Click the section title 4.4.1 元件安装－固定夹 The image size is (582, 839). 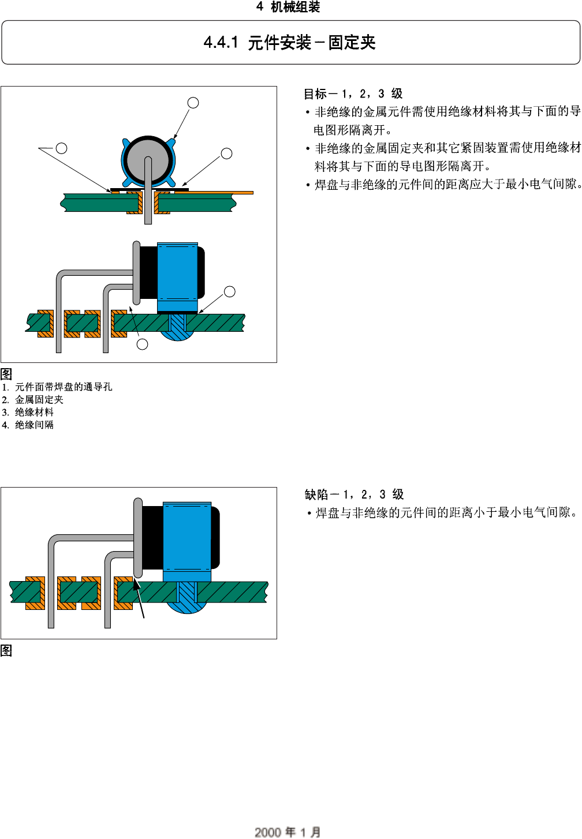click(290, 43)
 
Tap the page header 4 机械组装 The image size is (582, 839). click(288, 7)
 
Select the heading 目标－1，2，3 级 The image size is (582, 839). click(353, 93)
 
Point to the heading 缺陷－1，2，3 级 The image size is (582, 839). click(354, 495)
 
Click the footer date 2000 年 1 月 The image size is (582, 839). click(288, 831)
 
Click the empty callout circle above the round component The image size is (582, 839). click(193, 103)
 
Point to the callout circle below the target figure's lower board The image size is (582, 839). click(143, 344)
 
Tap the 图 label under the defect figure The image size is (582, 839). click(6, 650)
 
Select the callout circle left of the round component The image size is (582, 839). click(61, 148)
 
